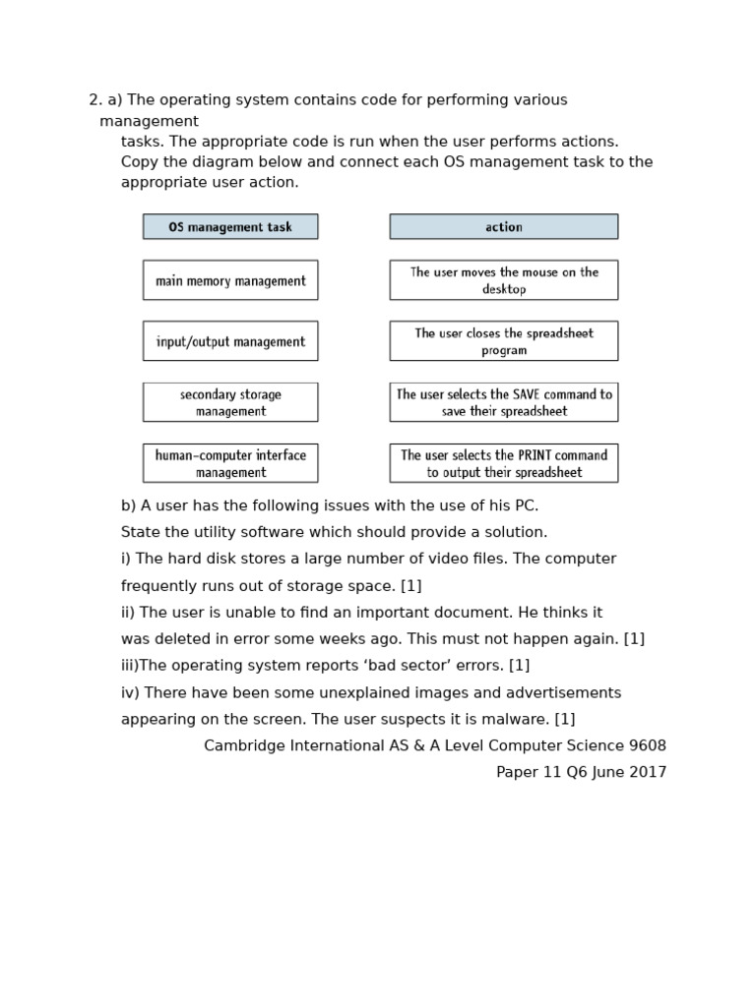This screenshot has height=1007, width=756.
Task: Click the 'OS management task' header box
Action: click(x=230, y=226)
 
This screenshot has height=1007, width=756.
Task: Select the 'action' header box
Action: click(x=503, y=226)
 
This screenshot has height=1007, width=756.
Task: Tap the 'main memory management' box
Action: click(x=230, y=280)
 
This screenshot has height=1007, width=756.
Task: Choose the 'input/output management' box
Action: click(x=230, y=341)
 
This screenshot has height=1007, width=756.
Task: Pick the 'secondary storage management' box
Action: click(x=230, y=402)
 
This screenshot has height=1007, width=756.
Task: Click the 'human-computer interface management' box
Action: click(x=230, y=463)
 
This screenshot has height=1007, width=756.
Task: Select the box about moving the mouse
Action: click(x=503, y=280)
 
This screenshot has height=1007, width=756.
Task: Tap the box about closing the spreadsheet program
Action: click(x=503, y=341)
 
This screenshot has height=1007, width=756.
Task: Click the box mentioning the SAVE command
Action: click(x=503, y=402)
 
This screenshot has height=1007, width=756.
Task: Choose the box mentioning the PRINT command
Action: click(x=503, y=463)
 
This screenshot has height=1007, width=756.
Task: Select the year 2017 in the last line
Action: click(x=648, y=772)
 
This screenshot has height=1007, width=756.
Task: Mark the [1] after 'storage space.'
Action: click(x=410, y=586)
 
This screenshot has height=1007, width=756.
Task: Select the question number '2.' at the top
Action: click(x=95, y=100)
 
